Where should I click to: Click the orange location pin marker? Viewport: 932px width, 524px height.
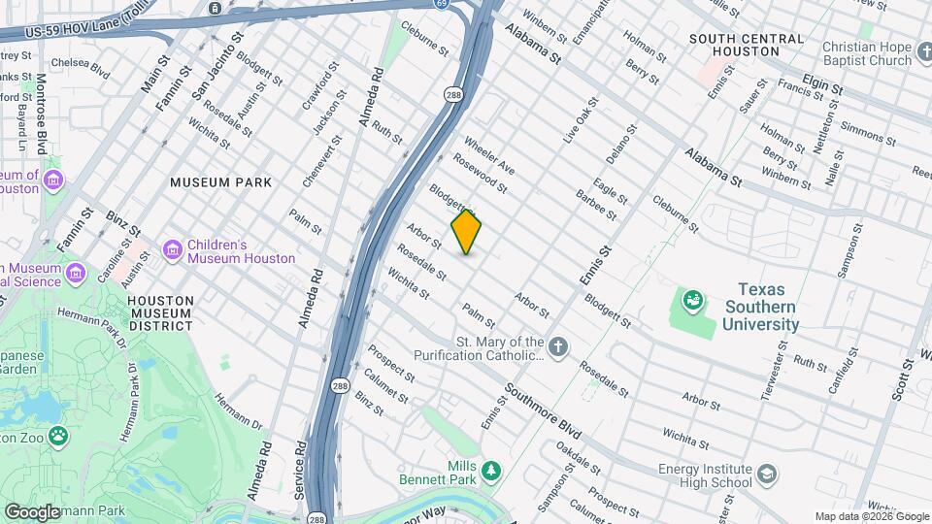(466, 232)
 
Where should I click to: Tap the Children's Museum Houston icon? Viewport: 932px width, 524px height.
(172, 251)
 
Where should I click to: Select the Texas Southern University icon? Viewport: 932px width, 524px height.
(692, 302)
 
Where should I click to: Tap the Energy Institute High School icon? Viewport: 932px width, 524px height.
(767, 474)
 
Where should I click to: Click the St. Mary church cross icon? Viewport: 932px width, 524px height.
(558, 347)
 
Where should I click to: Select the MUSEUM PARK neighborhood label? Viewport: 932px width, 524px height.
(220, 182)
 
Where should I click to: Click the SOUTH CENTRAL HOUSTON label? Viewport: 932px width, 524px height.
(747, 45)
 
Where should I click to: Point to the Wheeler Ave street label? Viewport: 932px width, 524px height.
(489, 155)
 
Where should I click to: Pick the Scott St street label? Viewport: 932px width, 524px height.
(905, 378)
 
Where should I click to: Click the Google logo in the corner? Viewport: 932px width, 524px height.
(31, 511)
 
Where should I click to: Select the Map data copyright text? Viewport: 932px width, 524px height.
(871, 516)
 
